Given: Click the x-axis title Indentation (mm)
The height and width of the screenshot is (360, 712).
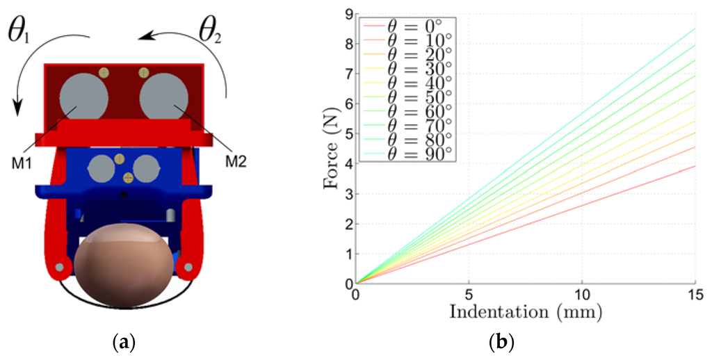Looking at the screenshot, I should tap(526, 310).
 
